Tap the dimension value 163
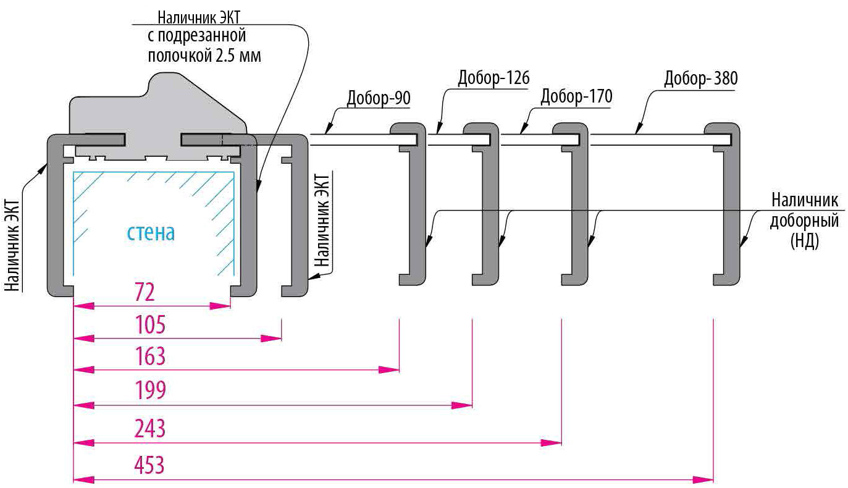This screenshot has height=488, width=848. click(x=152, y=357)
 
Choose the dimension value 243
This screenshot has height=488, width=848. click(x=151, y=428)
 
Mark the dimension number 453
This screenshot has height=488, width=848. click(x=151, y=465)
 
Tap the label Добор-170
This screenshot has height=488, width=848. click(x=576, y=97)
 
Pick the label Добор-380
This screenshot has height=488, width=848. click(x=701, y=79)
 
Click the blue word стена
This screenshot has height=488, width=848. click(x=151, y=233)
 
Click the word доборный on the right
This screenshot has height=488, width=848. click(x=804, y=221)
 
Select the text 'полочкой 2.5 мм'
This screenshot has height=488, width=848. click(x=203, y=56)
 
